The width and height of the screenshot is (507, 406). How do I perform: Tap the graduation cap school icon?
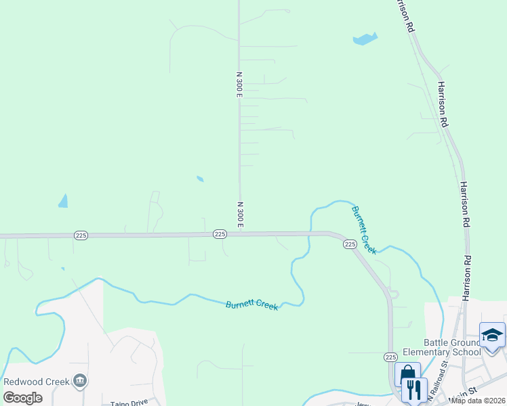(x=491, y=335)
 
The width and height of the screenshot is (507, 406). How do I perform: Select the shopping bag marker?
(x=407, y=374)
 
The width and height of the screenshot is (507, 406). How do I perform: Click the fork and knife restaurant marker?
(x=414, y=389)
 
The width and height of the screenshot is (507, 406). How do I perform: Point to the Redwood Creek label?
(x=37, y=381)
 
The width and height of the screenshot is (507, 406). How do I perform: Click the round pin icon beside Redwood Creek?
(x=80, y=381)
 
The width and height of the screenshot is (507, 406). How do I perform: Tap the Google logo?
(x=22, y=397)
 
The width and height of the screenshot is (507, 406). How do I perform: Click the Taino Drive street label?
(x=129, y=403)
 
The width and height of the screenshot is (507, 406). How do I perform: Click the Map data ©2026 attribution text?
(x=478, y=401)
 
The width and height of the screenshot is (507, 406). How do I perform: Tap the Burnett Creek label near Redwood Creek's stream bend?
(x=251, y=305)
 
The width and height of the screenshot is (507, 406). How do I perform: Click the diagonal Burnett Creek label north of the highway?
(x=363, y=229)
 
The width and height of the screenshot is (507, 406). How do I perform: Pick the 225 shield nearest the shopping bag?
(x=390, y=357)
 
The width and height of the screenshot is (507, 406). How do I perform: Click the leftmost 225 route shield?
(x=81, y=235)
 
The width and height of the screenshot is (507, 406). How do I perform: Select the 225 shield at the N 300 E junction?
(x=220, y=233)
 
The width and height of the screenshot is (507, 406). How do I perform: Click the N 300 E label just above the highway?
(x=240, y=214)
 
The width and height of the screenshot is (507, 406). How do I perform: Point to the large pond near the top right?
(x=365, y=39)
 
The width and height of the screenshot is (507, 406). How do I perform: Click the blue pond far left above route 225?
(x=64, y=201)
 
